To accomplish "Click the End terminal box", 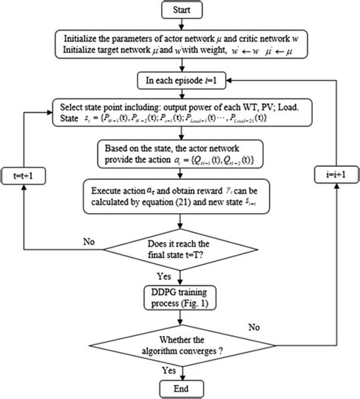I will (x=181, y=387).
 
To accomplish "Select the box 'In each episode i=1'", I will (x=181, y=78).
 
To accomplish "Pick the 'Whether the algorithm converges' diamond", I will (x=181, y=338).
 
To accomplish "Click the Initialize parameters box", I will (x=181, y=45).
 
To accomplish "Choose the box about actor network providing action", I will (x=181, y=154).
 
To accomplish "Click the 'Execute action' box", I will (x=181, y=196).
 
